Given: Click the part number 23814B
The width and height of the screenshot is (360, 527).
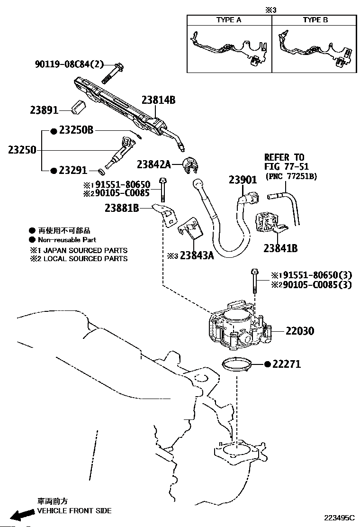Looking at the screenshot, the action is point(159,100).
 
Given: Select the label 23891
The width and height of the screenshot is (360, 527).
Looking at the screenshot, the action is point(44,110).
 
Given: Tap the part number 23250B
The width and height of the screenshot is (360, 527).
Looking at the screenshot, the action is point(76,130).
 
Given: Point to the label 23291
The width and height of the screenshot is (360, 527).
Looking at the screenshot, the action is point(73,171).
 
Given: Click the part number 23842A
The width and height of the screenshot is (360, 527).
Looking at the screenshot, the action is point(154,164).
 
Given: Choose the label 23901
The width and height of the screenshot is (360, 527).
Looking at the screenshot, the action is point(243,180).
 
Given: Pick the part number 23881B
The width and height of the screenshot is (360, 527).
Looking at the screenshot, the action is point(122,209).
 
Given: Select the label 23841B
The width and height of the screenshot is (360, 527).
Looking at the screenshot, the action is point(280,248).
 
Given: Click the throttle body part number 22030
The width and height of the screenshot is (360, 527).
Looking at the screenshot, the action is point(300,331).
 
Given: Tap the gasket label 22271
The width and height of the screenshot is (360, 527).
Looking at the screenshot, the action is point(287,364).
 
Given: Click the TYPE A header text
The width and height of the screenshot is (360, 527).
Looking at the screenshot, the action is point(229,20).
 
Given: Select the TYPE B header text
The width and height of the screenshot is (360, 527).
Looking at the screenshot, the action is point(315,20).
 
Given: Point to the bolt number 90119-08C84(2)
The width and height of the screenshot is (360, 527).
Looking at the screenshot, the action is point(69,64).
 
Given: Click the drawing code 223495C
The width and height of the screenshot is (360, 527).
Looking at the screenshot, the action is point(339,518).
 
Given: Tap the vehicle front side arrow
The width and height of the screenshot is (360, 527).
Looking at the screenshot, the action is point(21,514).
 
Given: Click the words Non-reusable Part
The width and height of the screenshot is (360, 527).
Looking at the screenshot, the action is point(67,240).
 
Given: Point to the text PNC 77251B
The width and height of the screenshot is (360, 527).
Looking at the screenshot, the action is point(291,176).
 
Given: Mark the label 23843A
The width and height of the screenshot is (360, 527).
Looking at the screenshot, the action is point(197,256).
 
